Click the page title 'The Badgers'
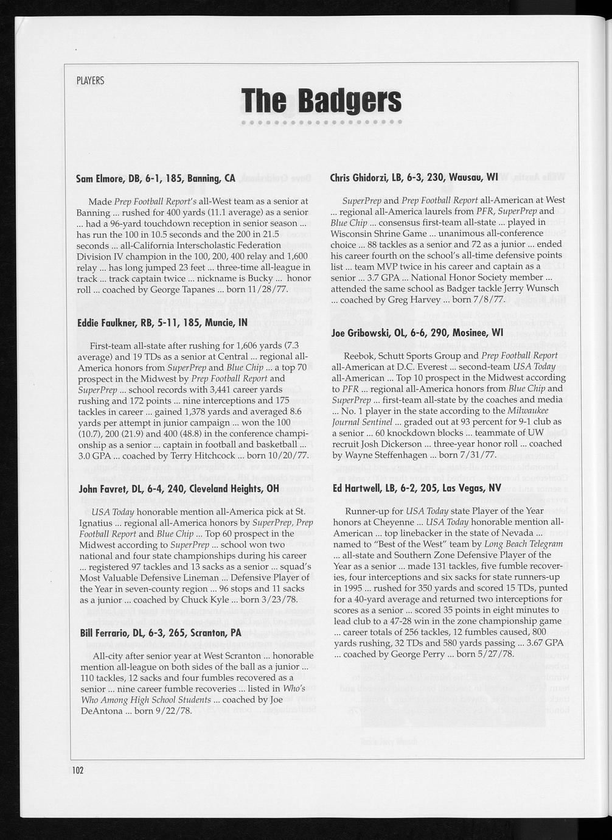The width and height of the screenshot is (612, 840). click(321, 100)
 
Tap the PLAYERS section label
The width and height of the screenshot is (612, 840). click(90, 80)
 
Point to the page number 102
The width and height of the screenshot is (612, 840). click(77, 770)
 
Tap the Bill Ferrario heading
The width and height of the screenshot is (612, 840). click(160, 634)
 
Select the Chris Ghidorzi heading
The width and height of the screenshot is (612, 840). click(414, 177)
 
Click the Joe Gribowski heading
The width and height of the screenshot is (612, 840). click(417, 333)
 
